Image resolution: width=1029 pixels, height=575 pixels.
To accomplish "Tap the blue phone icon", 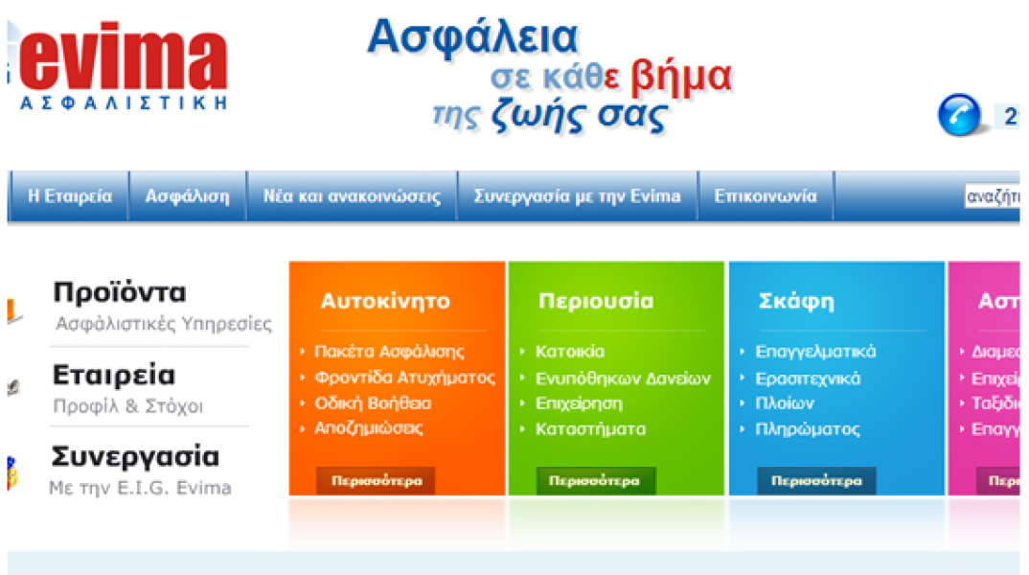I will (958, 116).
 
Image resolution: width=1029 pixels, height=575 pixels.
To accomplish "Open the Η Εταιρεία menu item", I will (70, 196).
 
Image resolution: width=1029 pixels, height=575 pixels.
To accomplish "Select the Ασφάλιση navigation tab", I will (188, 196).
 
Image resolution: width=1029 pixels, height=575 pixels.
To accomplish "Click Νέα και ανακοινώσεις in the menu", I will (352, 196).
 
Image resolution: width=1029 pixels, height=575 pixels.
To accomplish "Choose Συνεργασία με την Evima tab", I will (577, 196).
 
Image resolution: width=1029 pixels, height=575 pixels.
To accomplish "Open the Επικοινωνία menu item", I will (766, 196).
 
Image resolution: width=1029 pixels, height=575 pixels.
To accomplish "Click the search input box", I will (992, 197).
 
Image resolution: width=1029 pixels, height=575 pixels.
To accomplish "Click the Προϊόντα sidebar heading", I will (120, 292).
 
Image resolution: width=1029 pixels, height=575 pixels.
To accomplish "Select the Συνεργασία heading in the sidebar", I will (135, 455).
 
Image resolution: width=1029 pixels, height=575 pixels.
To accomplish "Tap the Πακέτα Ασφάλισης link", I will (389, 352).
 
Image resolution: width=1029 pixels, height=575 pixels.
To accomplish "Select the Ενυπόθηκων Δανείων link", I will (624, 379).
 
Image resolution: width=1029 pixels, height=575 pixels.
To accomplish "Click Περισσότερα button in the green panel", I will (596, 481).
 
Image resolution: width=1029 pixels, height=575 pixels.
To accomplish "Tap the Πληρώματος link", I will (808, 429).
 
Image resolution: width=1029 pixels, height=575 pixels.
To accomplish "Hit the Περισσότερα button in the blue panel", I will (816, 481).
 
